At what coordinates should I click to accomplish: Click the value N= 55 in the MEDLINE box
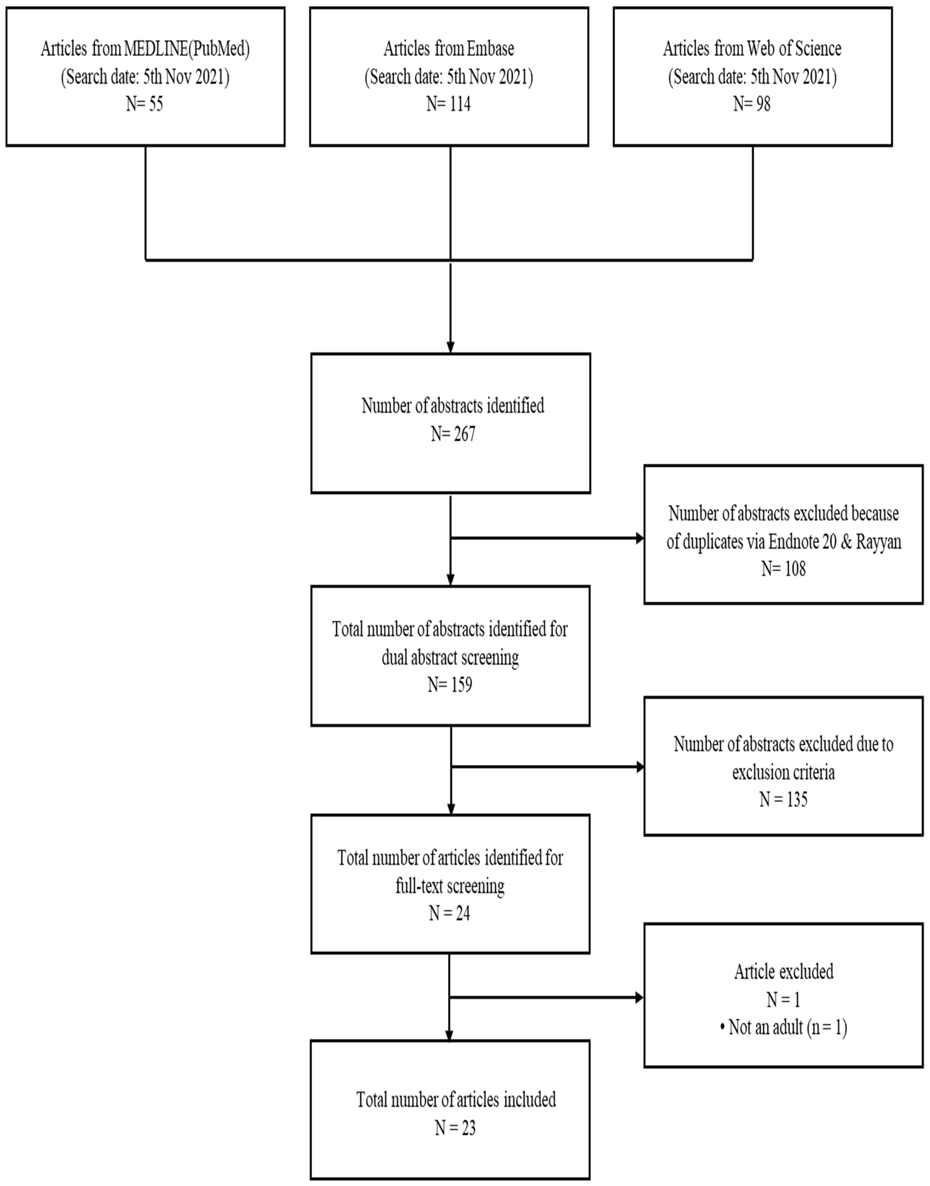pyautogui.click(x=145, y=104)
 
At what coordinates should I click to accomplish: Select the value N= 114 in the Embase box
pyautogui.click(x=449, y=104)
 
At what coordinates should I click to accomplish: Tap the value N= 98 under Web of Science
pyautogui.click(x=752, y=104)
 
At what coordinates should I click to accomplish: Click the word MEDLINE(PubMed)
pyautogui.click(x=187, y=49)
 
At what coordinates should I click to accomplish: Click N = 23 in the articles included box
pyautogui.click(x=455, y=1128)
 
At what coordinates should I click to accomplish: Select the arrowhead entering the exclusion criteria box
pyautogui.click(x=639, y=767)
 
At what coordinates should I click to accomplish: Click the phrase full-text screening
pyautogui.click(x=450, y=886)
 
